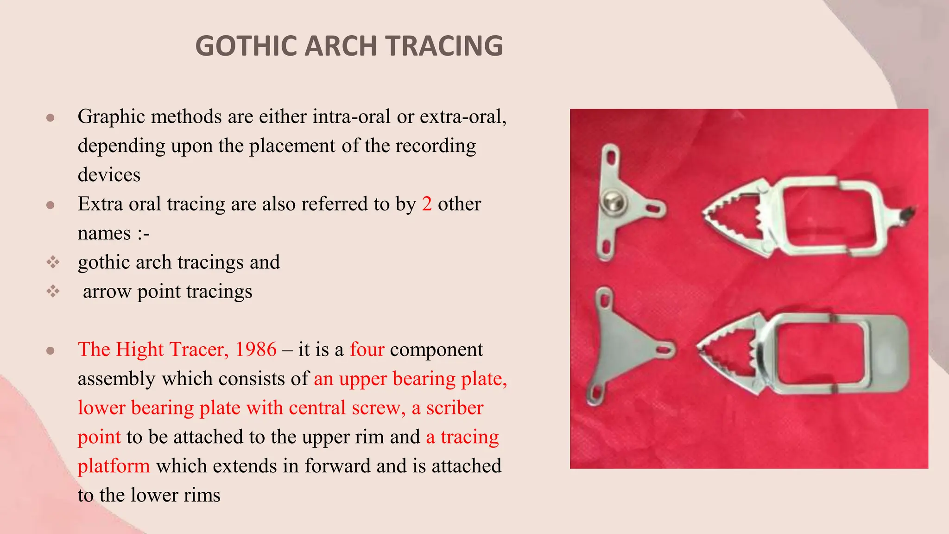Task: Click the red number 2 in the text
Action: click(x=427, y=204)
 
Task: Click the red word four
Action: click(x=367, y=350)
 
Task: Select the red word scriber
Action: click(x=455, y=408)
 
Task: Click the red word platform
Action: click(x=114, y=466)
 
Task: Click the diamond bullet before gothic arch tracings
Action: click(x=53, y=262)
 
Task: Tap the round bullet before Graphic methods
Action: click(x=51, y=117)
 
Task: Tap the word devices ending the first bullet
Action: click(x=109, y=175)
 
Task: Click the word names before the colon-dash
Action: click(x=104, y=233)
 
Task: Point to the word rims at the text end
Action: click(x=202, y=496)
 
